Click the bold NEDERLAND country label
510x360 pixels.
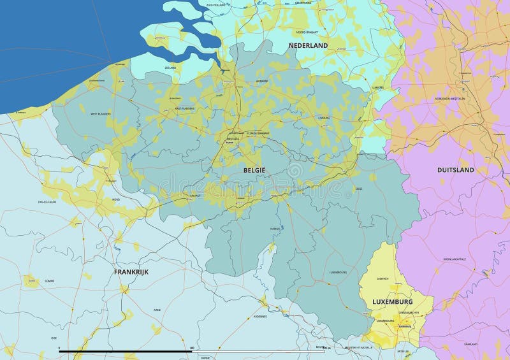click(308, 46)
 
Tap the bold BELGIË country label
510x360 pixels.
click(254, 171)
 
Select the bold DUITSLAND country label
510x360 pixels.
click(455, 170)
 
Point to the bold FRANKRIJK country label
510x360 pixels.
click(131, 271)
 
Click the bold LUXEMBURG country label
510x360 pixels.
click(392, 301)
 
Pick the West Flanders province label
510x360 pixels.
click(100, 114)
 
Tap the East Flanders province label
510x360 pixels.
click(185, 109)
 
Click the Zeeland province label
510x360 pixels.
click(170, 67)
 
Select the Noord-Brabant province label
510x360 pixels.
click(307, 31)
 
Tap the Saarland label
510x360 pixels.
click(470, 343)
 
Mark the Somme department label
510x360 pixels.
click(49, 280)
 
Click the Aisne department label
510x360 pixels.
click(157, 310)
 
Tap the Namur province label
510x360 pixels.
click(275, 227)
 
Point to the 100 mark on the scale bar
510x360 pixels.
click(192, 348)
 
